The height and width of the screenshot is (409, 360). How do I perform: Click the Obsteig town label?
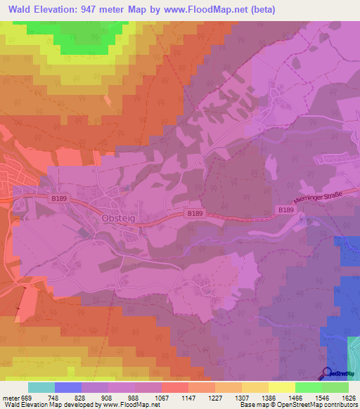click(x=117, y=218)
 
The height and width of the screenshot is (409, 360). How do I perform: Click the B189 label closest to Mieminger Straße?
click(x=285, y=209)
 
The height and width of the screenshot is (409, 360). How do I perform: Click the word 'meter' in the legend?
click(x=9, y=397)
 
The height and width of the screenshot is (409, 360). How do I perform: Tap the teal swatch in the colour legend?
click(x=41, y=387)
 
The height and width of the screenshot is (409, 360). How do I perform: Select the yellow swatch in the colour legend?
click(x=281, y=387)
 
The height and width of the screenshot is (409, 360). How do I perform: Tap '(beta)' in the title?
click(x=260, y=10)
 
